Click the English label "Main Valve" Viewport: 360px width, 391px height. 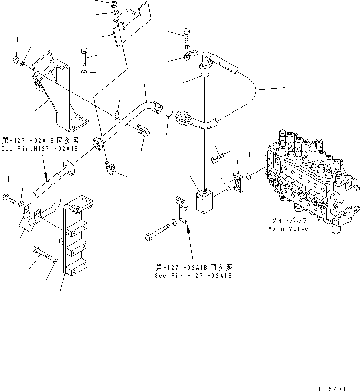(288, 229)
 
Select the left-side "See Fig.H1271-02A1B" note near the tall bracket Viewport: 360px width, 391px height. (40, 148)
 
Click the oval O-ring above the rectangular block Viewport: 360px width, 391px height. (204, 76)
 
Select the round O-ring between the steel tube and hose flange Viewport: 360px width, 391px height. (169, 113)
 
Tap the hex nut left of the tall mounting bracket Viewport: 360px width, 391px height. (15, 60)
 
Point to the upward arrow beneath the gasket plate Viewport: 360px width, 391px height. (189, 230)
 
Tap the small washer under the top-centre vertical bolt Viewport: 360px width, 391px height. (84, 72)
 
